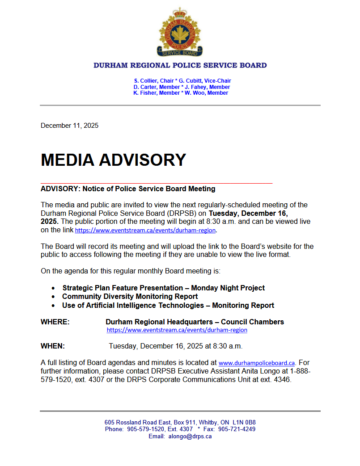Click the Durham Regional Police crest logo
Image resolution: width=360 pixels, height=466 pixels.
pyautogui.click(x=180, y=32)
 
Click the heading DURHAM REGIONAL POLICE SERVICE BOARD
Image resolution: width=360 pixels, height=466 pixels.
pyautogui.click(x=180, y=65)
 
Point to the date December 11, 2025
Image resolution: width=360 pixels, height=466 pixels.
pyautogui.click(x=69, y=126)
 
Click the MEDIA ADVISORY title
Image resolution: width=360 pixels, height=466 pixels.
pyautogui.click(x=113, y=160)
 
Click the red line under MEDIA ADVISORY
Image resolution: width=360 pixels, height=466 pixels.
pyautogui.click(x=157, y=183)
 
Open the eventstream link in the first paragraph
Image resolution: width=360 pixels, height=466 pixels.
pyautogui.click(x=145, y=231)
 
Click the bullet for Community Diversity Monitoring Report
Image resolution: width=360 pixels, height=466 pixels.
pyautogui.click(x=53, y=297)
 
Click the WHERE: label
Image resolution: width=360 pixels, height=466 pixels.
pyautogui.click(x=55, y=322)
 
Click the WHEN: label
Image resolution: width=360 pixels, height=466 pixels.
pyautogui.click(x=53, y=346)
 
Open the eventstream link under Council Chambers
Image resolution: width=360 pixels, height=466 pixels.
pyautogui.click(x=177, y=330)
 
